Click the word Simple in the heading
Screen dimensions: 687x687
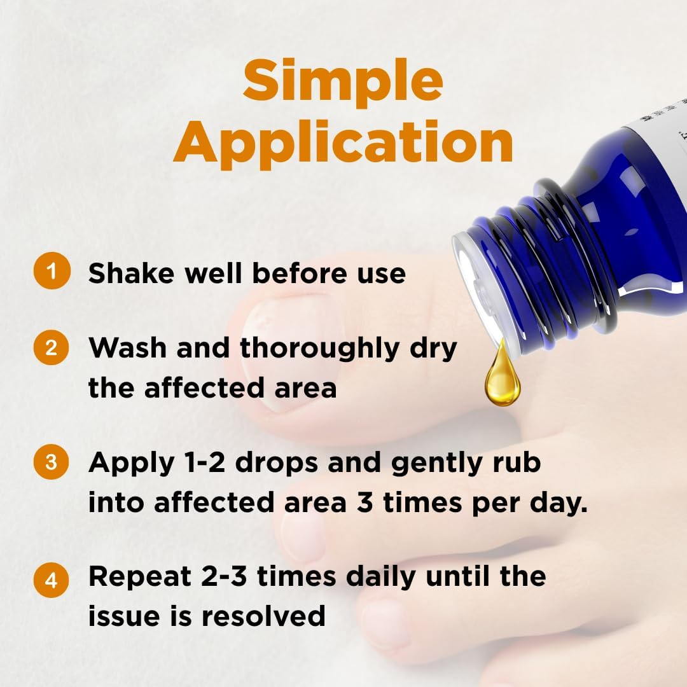[343, 83]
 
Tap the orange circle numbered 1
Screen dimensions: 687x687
[52, 270]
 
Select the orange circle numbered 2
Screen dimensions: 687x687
[52, 347]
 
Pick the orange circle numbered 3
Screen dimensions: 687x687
[52, 462]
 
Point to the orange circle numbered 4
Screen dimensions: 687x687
[52, 580]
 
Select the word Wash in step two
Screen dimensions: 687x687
[127, 348]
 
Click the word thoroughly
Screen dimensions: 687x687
[319, 350]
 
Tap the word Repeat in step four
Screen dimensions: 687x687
[140, 578]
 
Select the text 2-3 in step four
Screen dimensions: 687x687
[224, 576]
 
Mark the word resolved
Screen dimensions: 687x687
[263, 615]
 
